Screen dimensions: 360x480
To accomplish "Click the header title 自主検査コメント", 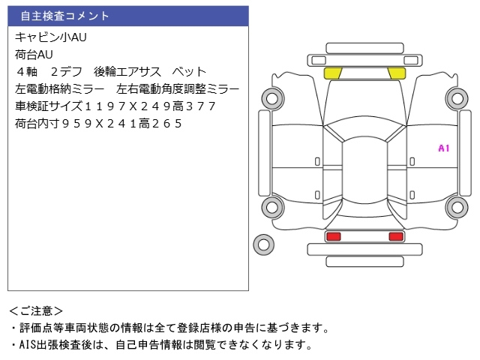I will [64, 16].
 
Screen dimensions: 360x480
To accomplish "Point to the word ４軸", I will [27, 72].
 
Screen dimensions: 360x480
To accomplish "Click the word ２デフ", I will [65, 72].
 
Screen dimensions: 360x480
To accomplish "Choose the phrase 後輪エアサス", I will [127, 72].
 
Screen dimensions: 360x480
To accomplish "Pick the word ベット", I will [188, 72].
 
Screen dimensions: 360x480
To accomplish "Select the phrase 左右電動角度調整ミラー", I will [178, 89].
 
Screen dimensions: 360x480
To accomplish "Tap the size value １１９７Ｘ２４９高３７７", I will [150, 106].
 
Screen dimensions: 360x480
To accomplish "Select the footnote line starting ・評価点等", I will [169, 328].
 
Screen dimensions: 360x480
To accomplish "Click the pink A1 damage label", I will [443, 148].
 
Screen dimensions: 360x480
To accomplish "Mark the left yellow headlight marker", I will [332, 73].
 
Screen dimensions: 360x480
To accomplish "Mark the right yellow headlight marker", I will [396, 73].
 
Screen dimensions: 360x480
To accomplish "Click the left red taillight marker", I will [333, 237].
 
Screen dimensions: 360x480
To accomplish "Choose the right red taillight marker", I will [395, 237].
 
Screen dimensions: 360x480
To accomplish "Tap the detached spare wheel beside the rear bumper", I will [262, 244].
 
